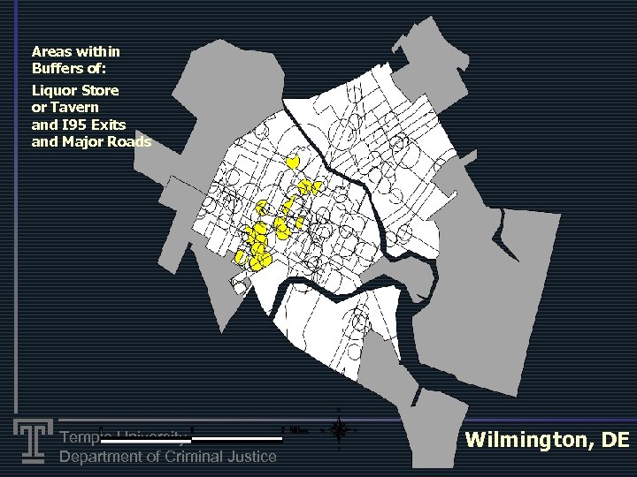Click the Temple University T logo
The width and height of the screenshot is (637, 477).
click(x=32, y=441)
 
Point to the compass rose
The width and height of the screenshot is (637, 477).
click(x=337, y=430)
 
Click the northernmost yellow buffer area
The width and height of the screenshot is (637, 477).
click(x=292, y=163)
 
